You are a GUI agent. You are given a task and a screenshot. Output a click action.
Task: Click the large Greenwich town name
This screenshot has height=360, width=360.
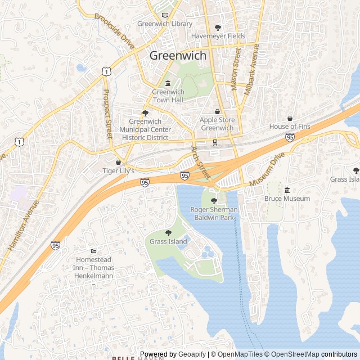178,56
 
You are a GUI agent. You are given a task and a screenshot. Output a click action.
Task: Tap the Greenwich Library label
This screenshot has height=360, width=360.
165,24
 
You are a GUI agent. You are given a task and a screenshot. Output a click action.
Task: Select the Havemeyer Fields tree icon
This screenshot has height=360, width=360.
218,27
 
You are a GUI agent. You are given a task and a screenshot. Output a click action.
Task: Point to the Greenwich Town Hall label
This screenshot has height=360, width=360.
168,96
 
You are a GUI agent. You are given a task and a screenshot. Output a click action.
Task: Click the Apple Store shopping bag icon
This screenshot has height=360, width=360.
217,111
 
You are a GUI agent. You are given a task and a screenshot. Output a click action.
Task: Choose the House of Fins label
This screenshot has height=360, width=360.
290,127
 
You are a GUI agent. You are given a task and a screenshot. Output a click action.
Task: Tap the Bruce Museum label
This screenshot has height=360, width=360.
287,199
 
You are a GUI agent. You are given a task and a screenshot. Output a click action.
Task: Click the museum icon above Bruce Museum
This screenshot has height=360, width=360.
287,190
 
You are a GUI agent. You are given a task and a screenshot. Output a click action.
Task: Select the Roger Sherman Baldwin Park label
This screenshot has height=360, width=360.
214,213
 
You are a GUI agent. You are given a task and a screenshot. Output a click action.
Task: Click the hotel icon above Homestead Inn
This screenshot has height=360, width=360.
93,251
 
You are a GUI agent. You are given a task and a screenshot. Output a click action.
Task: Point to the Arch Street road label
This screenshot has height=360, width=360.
200,163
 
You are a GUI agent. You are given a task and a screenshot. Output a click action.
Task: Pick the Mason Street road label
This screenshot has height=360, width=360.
235,69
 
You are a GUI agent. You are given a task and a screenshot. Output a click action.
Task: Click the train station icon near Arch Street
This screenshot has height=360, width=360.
215,142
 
